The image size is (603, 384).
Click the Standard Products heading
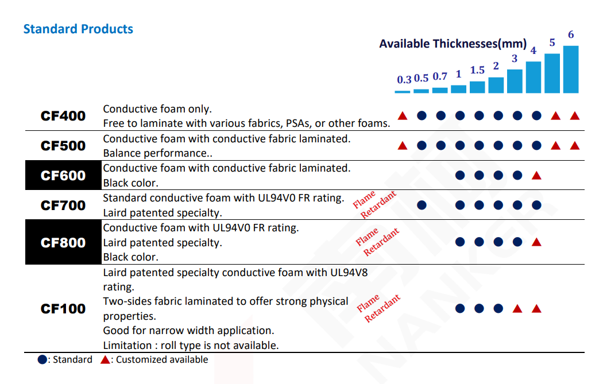click(78, 29)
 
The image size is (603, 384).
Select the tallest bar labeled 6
click(571, 69)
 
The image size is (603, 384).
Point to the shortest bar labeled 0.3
click(403, 91)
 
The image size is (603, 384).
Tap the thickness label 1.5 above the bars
click(477, 70)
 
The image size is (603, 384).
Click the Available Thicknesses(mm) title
click(453, 44)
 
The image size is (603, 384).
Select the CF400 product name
click(63, 116)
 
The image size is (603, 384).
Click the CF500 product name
click(63, 146)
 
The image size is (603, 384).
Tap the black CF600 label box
click(63, 176)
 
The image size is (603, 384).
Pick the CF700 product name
click(63, 205)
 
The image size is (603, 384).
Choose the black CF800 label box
click(63, 242)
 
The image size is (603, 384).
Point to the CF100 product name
click(63, 309)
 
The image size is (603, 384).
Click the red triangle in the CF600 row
click(536, 175)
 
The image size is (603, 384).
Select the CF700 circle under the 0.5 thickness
click(422, 205)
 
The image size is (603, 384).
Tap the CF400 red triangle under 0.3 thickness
click(403, 116)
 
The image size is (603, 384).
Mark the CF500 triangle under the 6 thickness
click(575, 146)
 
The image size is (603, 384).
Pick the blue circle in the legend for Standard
click(42, 360)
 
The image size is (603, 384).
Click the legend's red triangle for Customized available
click(105, 360)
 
